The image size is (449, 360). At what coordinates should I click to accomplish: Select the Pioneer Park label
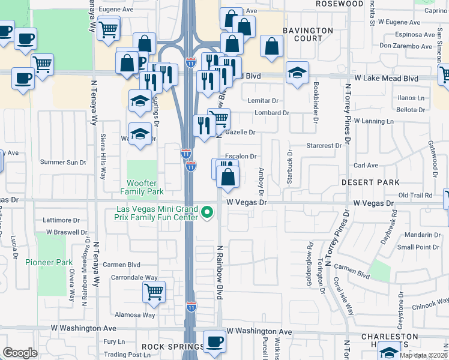pos(49,262)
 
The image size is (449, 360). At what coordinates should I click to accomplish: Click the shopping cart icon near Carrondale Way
pos(154,292)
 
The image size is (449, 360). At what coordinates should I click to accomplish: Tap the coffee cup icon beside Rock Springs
pos(214,341)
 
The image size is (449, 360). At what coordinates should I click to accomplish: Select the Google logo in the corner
pos(20,353)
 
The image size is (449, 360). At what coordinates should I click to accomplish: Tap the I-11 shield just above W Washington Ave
pos(190,307)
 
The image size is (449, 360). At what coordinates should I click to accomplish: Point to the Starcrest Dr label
pos(324,145)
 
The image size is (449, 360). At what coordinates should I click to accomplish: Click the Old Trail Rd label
pos(415,196)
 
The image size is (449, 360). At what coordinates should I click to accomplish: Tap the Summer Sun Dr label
pos(63,162)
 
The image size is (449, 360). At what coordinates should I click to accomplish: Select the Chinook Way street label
pos(428,307)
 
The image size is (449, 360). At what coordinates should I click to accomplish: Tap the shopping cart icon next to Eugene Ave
pos(109,28)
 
